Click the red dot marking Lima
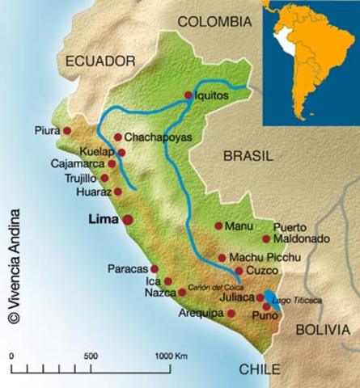point(128,219)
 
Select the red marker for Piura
point(67,130)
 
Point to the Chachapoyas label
point(159,137)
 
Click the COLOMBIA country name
point(215,22)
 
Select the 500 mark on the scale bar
point(91,356)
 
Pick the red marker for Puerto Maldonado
point(266,238)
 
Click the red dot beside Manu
point(218,226)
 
